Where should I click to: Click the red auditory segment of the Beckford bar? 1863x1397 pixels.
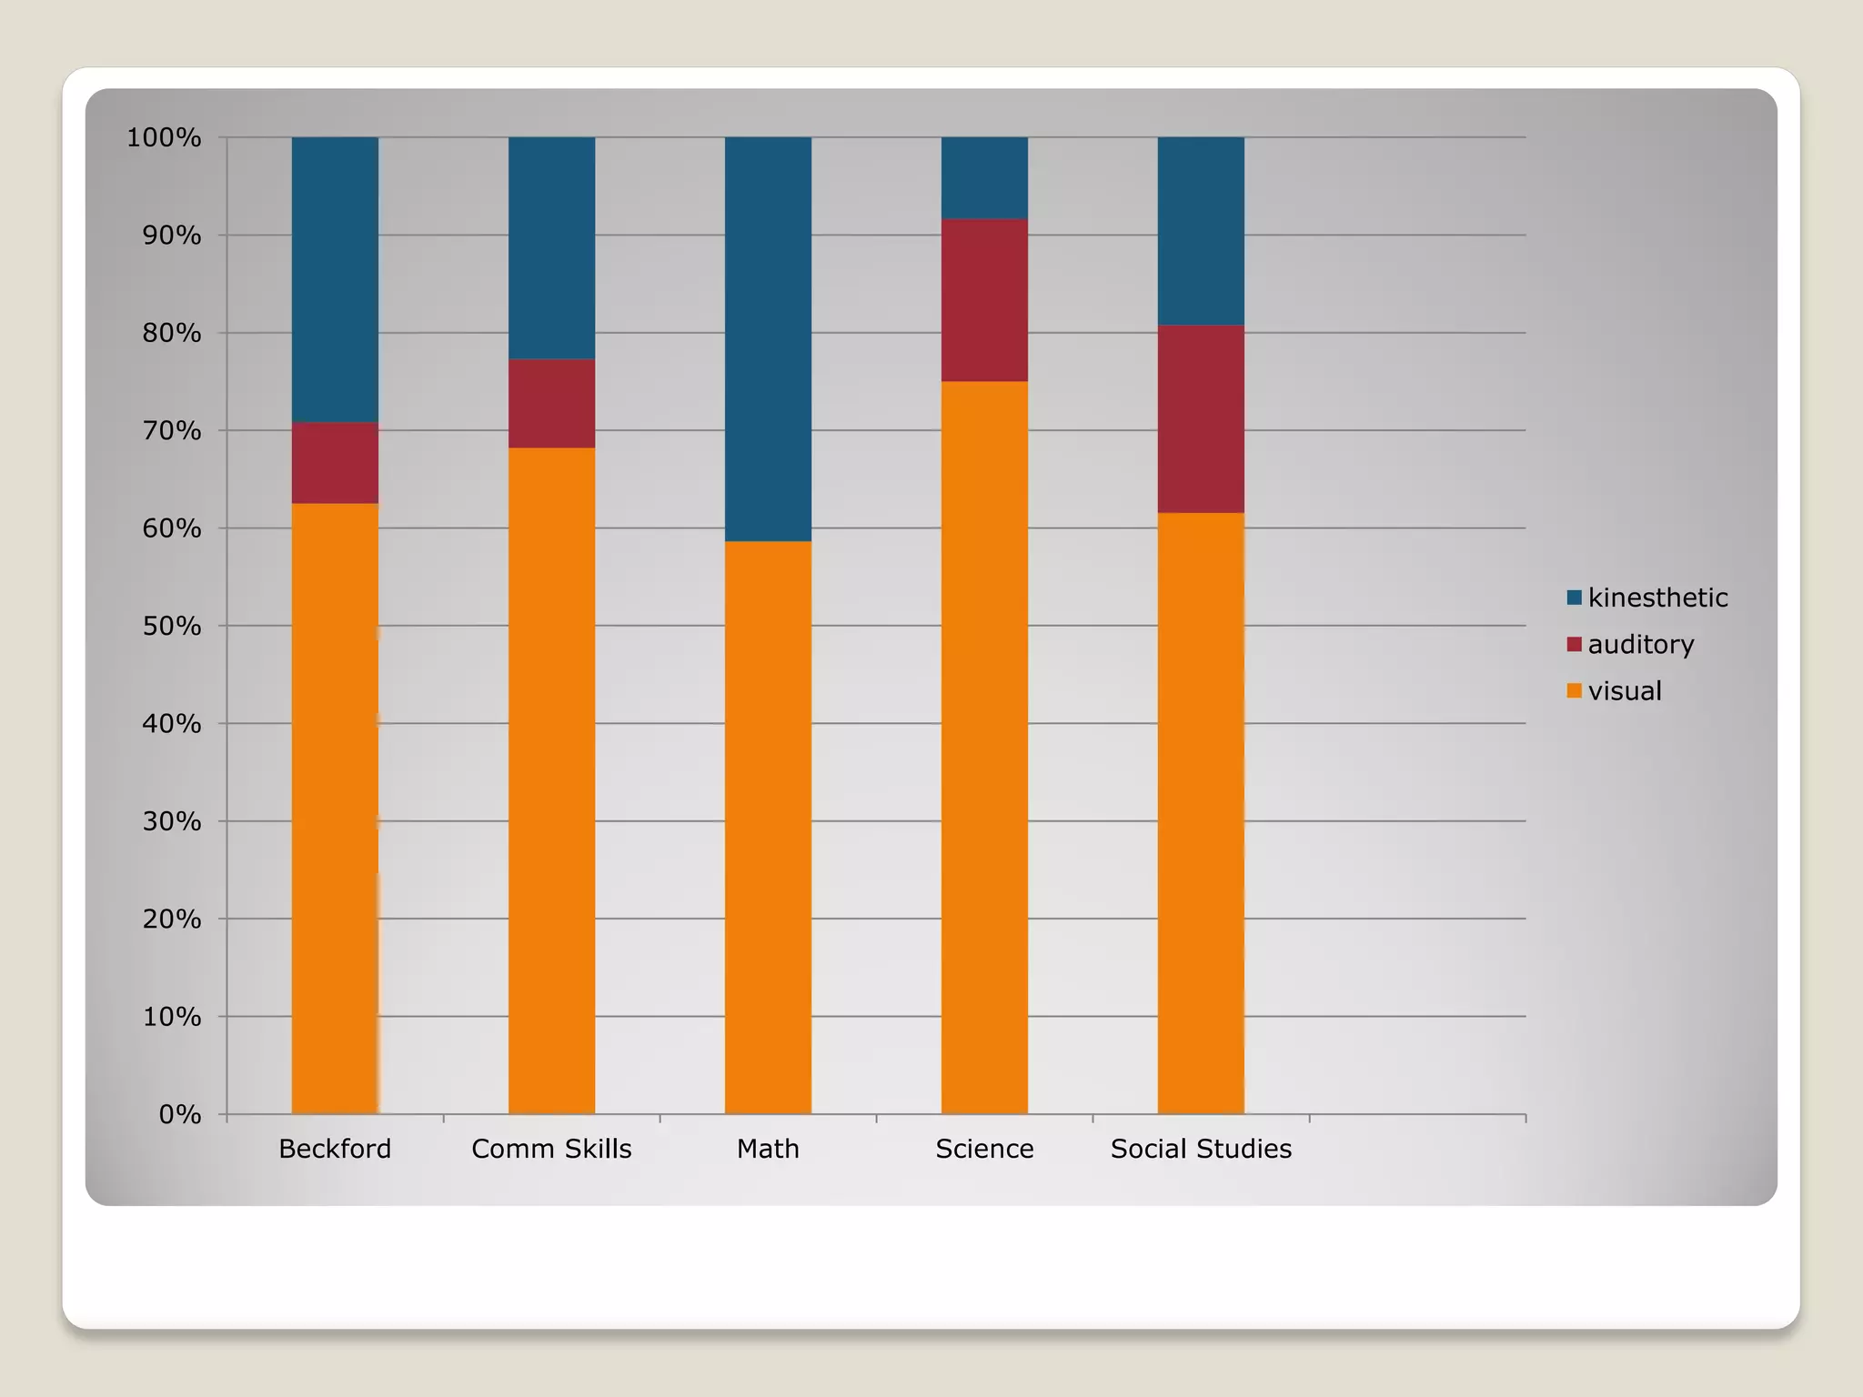coord(335,462)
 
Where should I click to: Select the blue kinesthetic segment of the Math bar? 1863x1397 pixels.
coord(768,338)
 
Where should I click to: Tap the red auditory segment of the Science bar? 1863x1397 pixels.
coord(984,299)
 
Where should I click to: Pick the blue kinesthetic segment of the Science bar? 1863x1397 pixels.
coord(984,177)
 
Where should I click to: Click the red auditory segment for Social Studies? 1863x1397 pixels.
coord(1201,418)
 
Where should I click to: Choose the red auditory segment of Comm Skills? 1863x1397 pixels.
coord(551,403)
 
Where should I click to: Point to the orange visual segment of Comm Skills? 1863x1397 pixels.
coord(551,779)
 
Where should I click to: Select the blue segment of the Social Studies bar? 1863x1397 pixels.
coord(1201,230)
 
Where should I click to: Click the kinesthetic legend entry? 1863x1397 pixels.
coord(1646,598)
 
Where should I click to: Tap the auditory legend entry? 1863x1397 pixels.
coord(1629,644)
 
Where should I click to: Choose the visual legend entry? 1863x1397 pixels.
coord(1614,691)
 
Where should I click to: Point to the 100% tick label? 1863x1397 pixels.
coord(164,137)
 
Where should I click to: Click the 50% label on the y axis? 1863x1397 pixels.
coord(171,626)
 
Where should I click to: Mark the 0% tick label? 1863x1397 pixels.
coord(179,1114)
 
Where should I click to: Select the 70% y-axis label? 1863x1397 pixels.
coord(171,430)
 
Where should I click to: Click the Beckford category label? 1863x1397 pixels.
coord(335,1149)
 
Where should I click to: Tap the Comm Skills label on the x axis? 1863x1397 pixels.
coord(551,1149)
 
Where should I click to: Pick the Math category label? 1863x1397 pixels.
coord(768,1149)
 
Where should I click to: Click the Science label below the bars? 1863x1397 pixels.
coord(984,1149)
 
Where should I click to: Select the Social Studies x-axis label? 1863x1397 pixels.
coord(1201,1149)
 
